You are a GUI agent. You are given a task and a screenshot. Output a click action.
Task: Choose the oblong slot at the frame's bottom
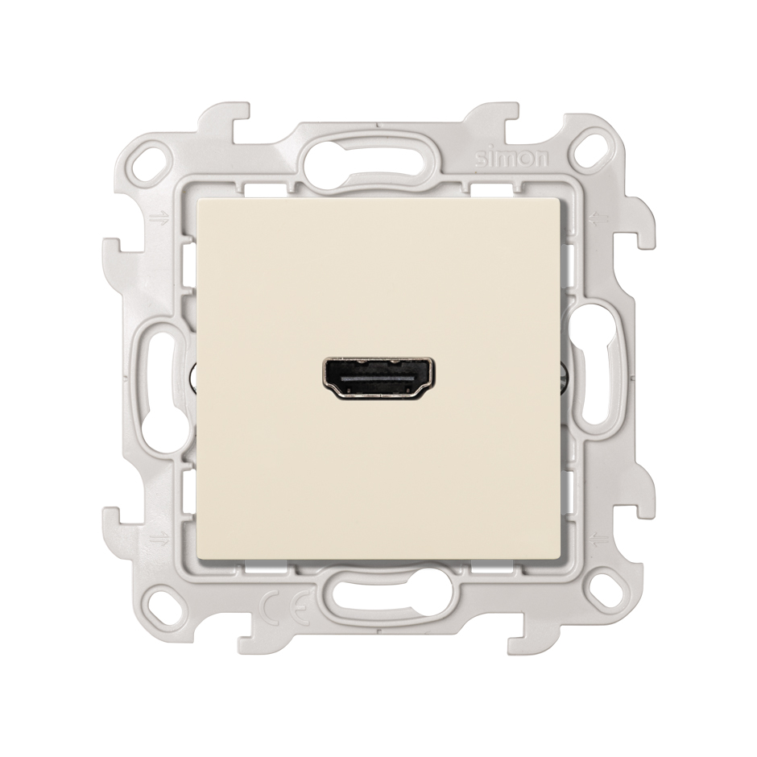pos(379,599)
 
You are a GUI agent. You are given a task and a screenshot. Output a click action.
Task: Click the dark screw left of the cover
pos(193,375)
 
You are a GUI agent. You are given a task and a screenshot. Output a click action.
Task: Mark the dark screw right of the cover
pos(564,375)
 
